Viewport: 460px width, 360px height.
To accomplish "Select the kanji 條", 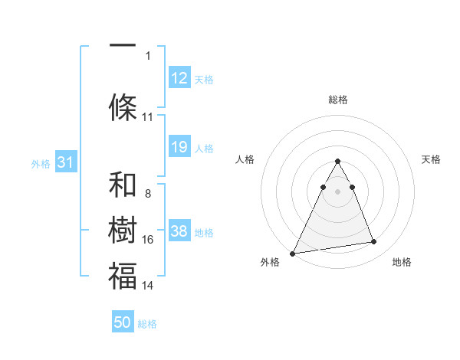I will (123, 107).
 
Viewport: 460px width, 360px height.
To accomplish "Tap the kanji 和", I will (123, 185).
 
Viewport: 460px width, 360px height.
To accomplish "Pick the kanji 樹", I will (123, 231).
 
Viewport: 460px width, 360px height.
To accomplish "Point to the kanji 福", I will (123, 276).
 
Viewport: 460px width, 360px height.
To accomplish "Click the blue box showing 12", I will (179, 78).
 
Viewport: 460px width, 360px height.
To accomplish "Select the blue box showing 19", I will (179, 147).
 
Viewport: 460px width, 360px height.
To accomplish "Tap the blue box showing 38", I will (179, 231).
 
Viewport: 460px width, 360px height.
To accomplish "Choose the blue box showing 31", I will (65, 162).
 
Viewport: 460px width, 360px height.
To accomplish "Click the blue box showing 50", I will (123, 322).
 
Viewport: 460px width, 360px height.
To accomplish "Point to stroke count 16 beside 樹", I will (148, 240).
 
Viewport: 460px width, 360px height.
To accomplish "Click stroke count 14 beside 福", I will (148, 286).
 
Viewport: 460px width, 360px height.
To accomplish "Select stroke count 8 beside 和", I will (147, 194).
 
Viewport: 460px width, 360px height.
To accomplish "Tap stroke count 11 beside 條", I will (148, 117).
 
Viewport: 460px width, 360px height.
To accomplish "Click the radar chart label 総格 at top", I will (337, 100).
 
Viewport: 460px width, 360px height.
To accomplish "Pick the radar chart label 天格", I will (432, 159).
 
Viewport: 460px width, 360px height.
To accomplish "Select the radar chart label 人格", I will (245, 159).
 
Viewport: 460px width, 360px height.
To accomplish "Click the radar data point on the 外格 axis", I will (293, 253).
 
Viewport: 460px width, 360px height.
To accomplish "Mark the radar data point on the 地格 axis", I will (374, 242).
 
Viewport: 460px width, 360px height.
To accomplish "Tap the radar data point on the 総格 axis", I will (337, 161).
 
